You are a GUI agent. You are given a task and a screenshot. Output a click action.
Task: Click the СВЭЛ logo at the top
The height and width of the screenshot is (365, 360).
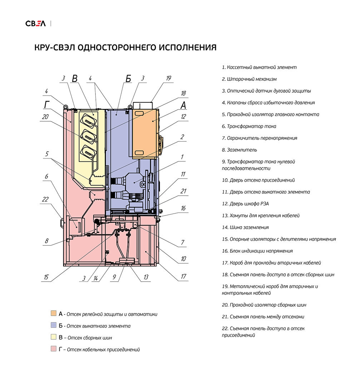35,24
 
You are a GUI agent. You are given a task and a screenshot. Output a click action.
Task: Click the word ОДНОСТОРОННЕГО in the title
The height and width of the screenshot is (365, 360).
117,48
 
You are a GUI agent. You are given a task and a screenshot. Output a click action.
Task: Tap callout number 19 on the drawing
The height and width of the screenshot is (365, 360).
169,78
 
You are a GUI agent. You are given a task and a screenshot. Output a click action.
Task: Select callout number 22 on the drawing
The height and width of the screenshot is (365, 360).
45,199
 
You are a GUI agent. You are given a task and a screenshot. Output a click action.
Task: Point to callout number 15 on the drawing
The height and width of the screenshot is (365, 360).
46,277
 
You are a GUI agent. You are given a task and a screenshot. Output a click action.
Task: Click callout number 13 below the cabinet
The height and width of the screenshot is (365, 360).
146,277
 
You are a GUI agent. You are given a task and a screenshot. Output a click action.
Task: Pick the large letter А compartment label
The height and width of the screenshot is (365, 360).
183,105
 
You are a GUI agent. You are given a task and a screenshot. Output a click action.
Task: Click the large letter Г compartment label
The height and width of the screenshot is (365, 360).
47,105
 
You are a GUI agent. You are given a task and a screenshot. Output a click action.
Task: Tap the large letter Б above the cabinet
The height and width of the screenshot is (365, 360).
128,79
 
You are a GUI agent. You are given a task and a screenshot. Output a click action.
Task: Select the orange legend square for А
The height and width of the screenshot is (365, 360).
54,313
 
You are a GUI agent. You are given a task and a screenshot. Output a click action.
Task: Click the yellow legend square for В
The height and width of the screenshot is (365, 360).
54,337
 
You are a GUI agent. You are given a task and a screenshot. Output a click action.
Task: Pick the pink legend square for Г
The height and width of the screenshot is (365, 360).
54,349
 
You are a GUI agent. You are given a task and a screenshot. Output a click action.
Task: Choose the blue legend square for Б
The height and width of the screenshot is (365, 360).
54,325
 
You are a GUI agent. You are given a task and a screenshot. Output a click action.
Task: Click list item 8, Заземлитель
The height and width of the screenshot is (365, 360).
239,150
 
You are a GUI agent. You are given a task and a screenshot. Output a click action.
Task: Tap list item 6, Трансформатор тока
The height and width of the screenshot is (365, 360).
249,126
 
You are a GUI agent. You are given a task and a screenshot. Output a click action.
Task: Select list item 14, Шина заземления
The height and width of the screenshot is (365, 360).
245,228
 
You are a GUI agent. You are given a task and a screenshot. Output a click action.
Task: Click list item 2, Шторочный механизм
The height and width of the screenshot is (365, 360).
249,79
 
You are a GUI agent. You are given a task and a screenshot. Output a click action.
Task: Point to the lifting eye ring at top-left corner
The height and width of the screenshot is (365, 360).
66,106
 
